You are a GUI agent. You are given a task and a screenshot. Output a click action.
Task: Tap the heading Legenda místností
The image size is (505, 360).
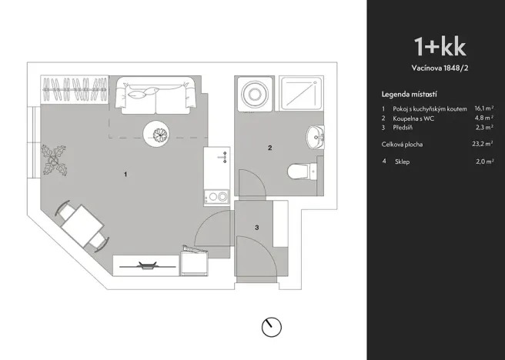click(x=411, y=93)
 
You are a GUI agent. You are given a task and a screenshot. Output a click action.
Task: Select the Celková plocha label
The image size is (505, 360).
click(x=402, y=144)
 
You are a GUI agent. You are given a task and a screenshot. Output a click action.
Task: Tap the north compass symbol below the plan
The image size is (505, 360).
click(x=271, y=327)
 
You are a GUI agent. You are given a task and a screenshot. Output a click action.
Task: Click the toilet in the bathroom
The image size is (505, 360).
click(x=297, y=169)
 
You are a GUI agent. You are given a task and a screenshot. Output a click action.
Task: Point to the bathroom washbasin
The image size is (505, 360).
click(x=316, y=137)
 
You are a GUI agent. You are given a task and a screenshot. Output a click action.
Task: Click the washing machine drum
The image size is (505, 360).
click(x=252, y=95)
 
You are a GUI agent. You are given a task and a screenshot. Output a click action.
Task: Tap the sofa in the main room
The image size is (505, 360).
click(x=158, y=95)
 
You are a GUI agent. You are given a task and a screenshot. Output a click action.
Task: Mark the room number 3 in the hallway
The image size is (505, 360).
click(x=256, y=227)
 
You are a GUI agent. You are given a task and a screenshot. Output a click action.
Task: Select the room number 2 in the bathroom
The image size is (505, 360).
click(x=269, y=148)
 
